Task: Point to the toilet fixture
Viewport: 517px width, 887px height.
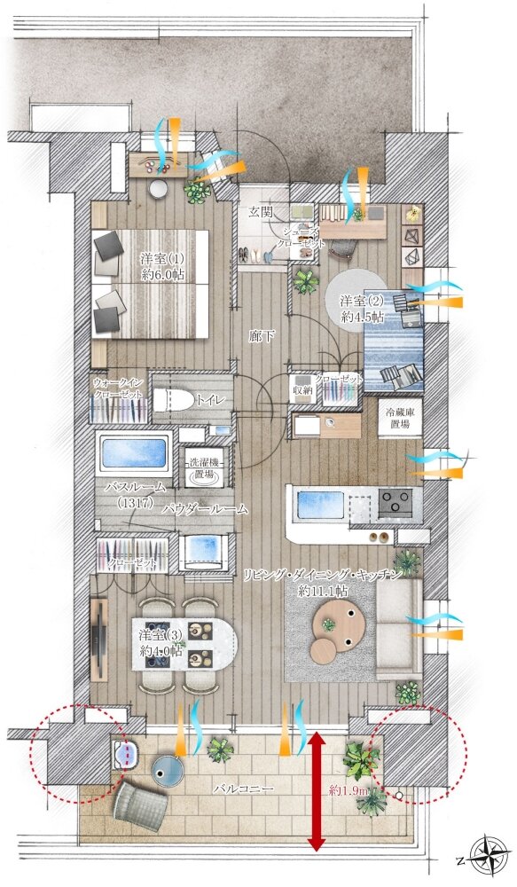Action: pos(169,401)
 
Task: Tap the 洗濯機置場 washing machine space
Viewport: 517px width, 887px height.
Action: pos(204,467)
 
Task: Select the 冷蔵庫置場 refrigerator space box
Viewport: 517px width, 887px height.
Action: pos(401,418)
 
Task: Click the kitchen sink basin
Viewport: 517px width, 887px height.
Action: pos(321,506)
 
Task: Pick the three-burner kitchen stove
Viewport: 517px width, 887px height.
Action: pos(396,502)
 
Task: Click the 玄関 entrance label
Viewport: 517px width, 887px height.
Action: pos(261,213)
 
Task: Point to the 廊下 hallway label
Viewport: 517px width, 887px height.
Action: pos(262,337)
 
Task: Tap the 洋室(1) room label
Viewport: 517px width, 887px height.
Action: pos(162,259)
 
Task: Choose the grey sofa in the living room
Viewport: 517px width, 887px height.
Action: pos(398,629)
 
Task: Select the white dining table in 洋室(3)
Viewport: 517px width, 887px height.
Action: pos(185,644)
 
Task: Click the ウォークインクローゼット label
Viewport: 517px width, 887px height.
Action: pos(118,389)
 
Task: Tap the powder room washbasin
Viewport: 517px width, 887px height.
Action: pos(204,551)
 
